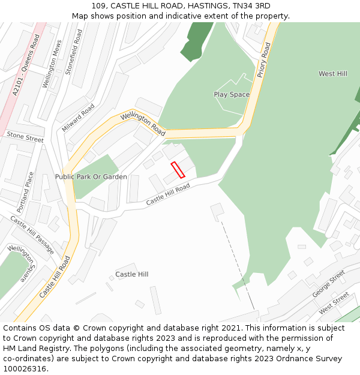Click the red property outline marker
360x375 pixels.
178,170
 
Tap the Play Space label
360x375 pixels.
232,94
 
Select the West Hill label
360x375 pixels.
332,74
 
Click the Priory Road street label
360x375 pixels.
264,60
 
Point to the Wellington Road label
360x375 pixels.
142,122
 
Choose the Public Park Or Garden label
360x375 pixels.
91,177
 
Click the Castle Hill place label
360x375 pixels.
131,274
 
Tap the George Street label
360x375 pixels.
329,284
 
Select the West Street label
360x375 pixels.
334,303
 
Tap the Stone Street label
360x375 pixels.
25,137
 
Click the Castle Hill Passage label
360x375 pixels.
32,235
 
